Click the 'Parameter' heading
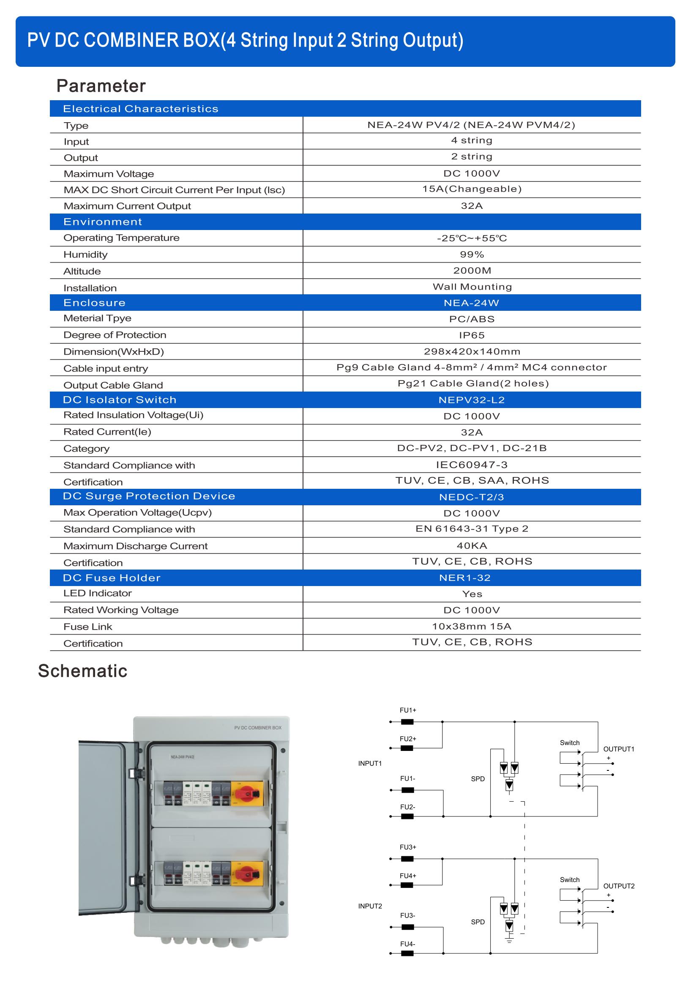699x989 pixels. (101, 86)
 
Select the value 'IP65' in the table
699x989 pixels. (472, 335)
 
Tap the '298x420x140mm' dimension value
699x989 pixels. (472, 351)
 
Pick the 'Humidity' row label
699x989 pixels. (85, 255)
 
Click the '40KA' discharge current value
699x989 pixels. (472, 546)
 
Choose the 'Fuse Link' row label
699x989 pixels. (88, 627)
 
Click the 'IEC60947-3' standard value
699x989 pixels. (472, 465)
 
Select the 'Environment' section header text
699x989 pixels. (102, 222)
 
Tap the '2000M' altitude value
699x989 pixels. (472, 271)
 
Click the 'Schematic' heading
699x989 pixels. (83, 671)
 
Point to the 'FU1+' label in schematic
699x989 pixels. (407, 710)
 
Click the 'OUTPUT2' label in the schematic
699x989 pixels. (619, 886)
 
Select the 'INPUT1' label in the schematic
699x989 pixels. (370, 764)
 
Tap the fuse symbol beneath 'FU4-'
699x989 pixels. (407, 953)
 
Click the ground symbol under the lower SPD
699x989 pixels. (509, 940)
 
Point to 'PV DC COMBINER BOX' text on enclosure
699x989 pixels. (258, 728)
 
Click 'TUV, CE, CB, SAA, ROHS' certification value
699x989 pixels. (472, 481)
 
